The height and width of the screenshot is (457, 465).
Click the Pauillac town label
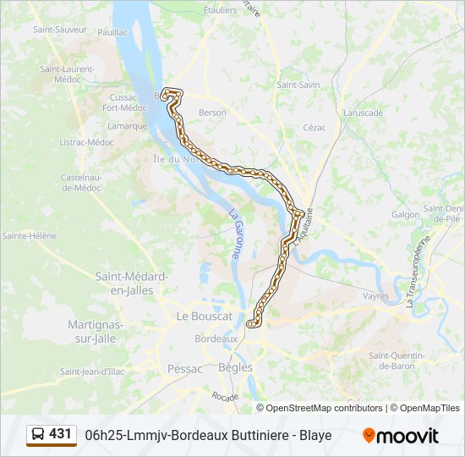(x=112, y=31)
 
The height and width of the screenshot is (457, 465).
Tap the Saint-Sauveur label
(x=60, y=29)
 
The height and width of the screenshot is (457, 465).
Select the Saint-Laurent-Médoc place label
(x=67, y=74)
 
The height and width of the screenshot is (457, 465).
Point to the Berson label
(x=212, y=112)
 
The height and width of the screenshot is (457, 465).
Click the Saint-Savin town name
(x=298, y=85)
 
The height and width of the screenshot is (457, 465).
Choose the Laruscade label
(x=364, y=113)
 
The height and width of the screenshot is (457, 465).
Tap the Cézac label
(x=315, y=128)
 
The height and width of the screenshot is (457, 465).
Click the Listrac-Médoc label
(x=88, y=142)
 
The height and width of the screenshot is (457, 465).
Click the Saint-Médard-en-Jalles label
(x=132, y=283)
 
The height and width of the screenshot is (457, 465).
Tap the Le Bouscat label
(x=204, y=316)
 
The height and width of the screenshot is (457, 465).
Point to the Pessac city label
(x=185, y=369)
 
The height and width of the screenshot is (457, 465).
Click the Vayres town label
(x=375, y=296)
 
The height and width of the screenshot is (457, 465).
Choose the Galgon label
(x=405, y=214)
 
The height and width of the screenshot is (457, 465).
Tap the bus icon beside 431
(x=38, y=434)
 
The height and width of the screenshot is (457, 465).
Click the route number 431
(x=61, y=434)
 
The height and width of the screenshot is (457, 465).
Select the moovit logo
(x=401, y=436)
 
